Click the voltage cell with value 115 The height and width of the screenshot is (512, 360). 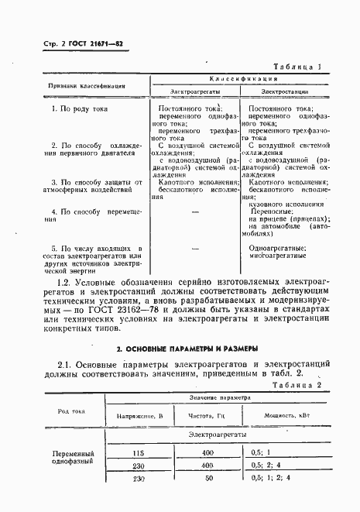(x=139, y=452)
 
